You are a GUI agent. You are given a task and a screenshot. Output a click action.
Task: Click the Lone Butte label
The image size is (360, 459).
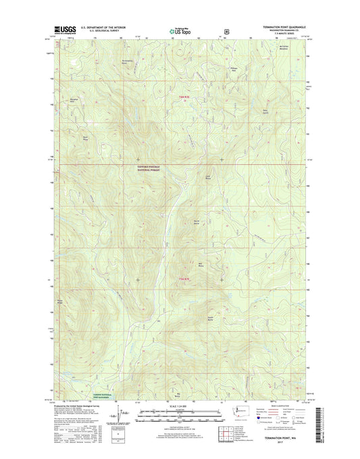pos(209,176)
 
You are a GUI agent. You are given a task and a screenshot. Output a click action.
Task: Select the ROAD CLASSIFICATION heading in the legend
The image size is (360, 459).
pos(282,406)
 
